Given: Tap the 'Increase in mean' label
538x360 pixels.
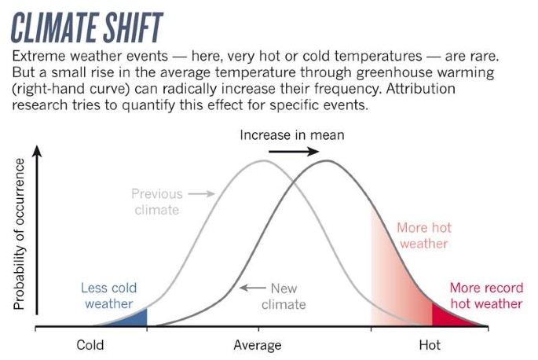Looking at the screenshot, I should click(x=291, y=135).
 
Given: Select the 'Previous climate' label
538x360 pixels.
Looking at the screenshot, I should click(x=156, y=201).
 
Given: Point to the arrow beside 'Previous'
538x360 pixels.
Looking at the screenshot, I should click(x=201, y=193).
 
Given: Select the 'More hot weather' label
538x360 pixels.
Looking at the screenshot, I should click(x=423, y=236).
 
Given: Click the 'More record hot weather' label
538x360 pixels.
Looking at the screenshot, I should click(x=485, y=296).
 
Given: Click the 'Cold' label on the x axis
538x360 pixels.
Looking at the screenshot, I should click(x=90, y=344).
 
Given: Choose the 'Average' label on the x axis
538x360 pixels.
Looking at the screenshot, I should click(x=257, y=344).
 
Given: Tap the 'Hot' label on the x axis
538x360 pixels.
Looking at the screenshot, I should click(x=429, y=344).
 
